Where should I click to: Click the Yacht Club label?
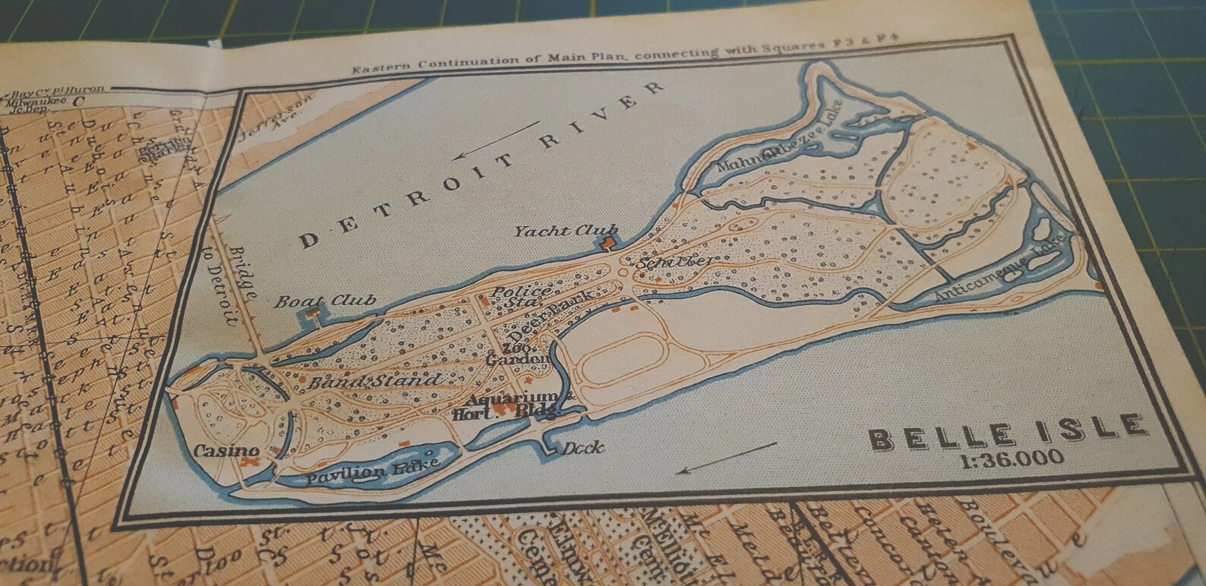coord(565,231)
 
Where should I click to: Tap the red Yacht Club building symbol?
coord(608,243)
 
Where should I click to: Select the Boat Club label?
coord(325,301)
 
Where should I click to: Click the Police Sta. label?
coord(522,296)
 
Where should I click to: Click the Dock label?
coord(583,448)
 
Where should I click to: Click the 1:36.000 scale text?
coord(1012,458)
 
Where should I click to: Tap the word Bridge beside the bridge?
coord(245,271)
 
